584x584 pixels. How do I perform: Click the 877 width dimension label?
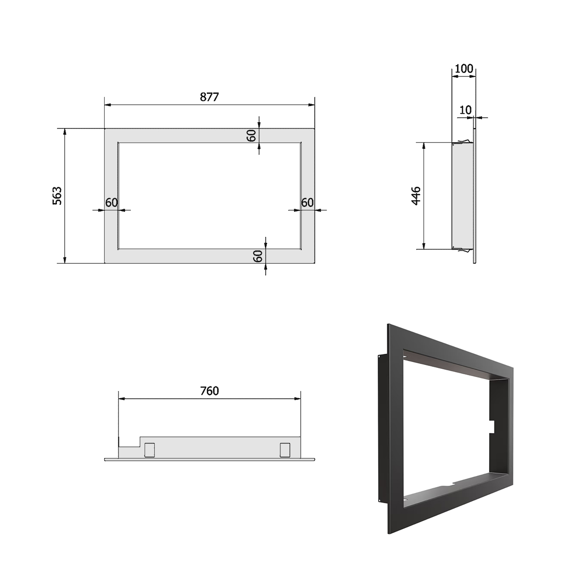[209, 97]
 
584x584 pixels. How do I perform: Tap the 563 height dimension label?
[57, 196]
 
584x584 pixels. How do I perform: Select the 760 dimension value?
[209, 391]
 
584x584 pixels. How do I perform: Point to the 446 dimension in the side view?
[416, 196]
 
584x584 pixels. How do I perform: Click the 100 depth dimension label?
[464, 69]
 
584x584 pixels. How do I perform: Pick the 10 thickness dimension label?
[466, 110]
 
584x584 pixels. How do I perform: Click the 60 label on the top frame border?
[252, 135]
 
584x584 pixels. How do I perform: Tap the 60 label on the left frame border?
[111, 202]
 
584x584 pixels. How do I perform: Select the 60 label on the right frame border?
[307, 202]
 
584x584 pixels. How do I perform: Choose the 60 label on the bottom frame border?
[257, 256]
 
